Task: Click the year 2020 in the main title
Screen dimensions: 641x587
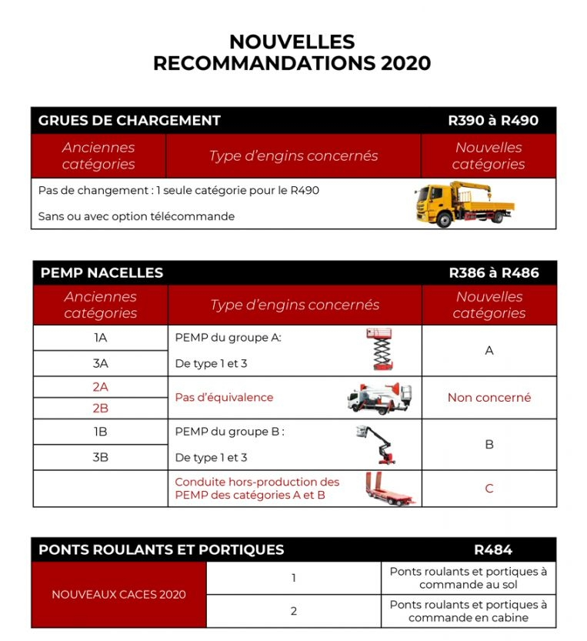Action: [x=405, y=63]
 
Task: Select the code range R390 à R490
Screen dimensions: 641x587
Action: [x=493, y=121]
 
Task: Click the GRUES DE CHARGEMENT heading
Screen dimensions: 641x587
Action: [x=129, y=121]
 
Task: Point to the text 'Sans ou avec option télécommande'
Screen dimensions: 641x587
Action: [x=136, y=216]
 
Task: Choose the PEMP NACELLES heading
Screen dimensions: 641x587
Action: [x=102, y=273]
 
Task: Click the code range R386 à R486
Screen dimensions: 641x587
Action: [x=494, y=273]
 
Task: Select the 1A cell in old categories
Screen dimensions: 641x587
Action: [x=100, y=338]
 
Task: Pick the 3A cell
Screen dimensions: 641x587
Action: [x=100, y=363]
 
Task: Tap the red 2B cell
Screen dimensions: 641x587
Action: [x=100, y=409]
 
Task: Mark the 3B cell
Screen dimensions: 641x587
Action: [x=100, y=457]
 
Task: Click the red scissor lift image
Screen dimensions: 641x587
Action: [x=380, y=350]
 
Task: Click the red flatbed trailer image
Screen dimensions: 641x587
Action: [x=389, y=489]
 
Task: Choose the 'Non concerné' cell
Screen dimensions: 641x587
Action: [x=489, y=398]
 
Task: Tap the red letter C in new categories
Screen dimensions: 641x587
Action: [x=489, y=489]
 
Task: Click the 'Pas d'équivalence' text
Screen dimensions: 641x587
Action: [x=224, y=398]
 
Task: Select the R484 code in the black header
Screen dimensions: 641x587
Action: [x=493, y=549]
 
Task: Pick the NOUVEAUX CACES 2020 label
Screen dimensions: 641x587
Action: [x=118, y=594]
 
